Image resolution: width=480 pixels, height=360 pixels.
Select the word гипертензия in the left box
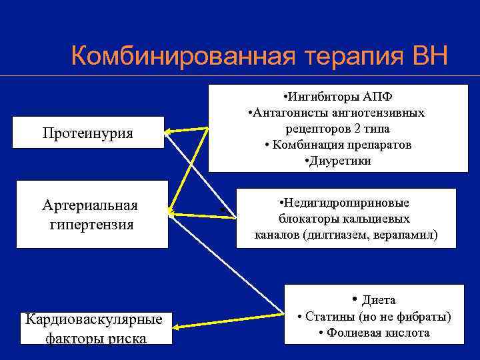pos(91,224)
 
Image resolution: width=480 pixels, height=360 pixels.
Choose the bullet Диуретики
pos(337,161)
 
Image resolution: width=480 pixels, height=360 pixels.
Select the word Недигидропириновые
pos(345,203)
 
